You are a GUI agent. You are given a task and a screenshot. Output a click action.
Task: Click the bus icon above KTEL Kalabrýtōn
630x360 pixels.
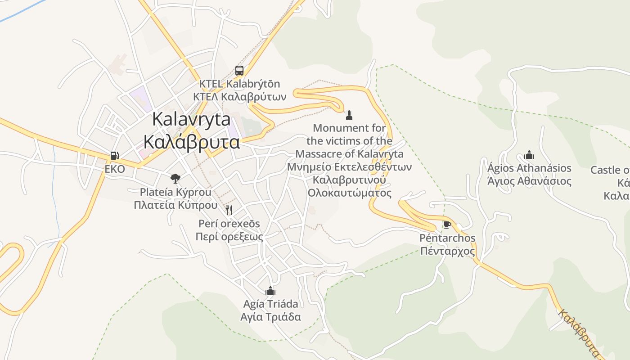click(239, 71)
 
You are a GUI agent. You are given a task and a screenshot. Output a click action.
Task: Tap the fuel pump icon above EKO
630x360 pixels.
click(115, 156)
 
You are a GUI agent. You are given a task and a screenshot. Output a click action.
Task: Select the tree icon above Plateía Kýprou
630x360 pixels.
click(175, 179)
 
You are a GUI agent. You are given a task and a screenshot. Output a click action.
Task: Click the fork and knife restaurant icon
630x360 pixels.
click(229, 210)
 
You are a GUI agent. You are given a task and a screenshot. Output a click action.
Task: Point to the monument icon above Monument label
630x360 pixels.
click(349, 115)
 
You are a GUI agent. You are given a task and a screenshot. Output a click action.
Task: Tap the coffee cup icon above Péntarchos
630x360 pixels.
click(447, 225)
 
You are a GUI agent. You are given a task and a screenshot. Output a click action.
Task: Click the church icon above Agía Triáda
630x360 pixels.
click(270, 291)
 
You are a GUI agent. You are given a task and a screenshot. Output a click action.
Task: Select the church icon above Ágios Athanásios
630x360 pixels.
click(529, 155)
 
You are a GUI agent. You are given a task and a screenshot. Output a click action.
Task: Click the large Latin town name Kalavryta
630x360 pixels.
click(191, 119)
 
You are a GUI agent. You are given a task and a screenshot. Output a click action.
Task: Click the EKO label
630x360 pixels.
click(115, 169)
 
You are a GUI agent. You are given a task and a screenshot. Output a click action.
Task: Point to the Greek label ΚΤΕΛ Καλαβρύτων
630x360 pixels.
click(240, 97)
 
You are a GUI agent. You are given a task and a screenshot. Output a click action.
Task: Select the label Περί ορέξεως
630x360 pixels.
click(229, 237)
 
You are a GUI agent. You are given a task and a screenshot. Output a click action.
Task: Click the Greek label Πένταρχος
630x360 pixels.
click(447, 251)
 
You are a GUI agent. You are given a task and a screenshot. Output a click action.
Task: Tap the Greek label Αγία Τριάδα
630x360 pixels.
click(270, 317)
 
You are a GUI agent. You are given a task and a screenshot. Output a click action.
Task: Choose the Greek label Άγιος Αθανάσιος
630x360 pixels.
click(529, 181)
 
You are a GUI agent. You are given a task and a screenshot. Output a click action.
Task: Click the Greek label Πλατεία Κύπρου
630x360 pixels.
click(175, 205)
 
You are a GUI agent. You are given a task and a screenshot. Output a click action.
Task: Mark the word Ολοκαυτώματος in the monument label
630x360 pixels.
click(350, 193)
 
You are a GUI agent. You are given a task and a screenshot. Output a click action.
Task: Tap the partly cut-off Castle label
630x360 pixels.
click(610, 170)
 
